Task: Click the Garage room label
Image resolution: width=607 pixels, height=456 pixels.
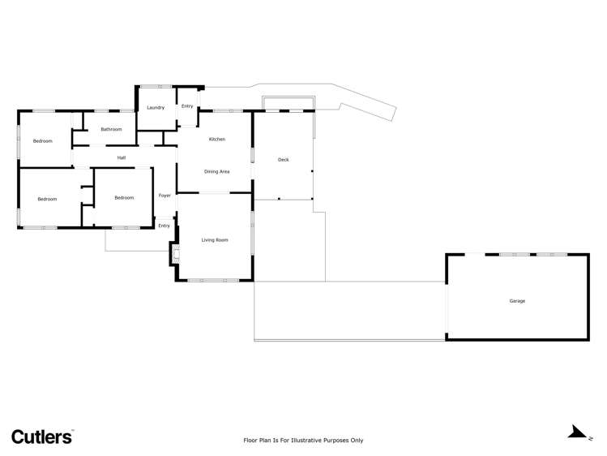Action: click(517, 301)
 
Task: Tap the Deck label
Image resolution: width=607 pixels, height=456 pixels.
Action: click(284, 160)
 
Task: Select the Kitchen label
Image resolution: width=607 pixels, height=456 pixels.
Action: click(217, 140)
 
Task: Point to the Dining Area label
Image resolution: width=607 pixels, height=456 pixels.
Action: click(217, 171)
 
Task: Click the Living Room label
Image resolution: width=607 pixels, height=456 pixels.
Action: click(215, 240)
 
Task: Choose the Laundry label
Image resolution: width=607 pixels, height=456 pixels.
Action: click(156, 108)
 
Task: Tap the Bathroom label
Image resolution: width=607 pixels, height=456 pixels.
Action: click(111, 130)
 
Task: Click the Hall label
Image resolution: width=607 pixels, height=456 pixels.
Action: click(122, 157)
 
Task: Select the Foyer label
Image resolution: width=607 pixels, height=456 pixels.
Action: click(165, 196)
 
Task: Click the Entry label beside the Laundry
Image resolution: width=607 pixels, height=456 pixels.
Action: click(187, 106)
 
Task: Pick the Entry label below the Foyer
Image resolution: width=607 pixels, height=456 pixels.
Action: click(164, 226)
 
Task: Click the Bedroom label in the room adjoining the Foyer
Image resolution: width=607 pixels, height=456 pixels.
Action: click(124, 198)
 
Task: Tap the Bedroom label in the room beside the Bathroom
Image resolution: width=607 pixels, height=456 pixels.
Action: click(42, 141)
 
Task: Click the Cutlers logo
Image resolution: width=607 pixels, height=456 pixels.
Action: click(41, 437)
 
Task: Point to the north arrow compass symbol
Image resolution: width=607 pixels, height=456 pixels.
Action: click(577, 432)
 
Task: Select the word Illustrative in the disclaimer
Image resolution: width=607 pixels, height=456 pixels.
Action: click(299, 441)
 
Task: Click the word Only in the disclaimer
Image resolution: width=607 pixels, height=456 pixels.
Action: click(356, 441)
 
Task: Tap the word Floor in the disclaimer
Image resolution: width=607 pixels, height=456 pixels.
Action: click(251, 441)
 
